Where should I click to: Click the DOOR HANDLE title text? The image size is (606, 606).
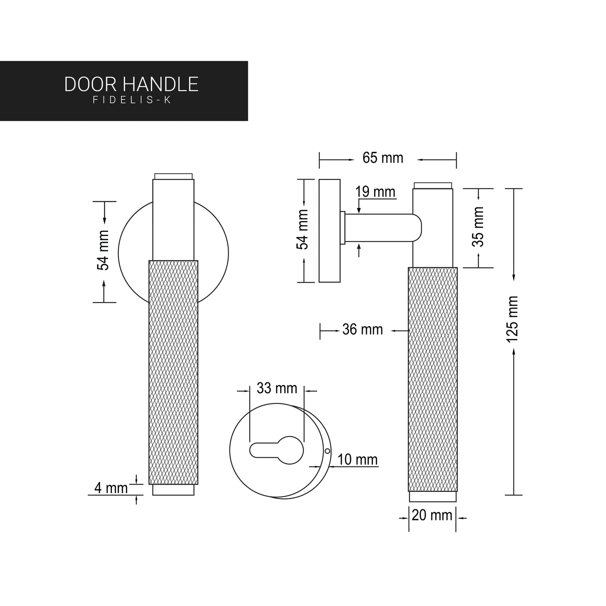pyautogui.click(x=131, y=84)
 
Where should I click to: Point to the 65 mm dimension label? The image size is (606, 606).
pyautogui.click(x=382, y=158)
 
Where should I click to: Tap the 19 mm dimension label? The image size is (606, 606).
pyautogui.click(x=375, y=192)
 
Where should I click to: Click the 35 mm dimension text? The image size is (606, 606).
pyautogui.click(x=479, y=226)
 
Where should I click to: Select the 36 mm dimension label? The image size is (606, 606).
pyautogui.click(x=362, y=330)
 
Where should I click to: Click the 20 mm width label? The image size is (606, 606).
pyautogui.click(x=432, y=515)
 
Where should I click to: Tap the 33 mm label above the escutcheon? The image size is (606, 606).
pyautogui.click(x=277, y=388)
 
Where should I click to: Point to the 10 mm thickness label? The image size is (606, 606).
pyautogui.click(x=357, y=460)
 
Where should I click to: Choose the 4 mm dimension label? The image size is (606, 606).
pyautogui.click(x=111, y=488)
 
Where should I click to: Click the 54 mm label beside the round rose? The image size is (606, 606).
pyautogui.click(x=103, y=250)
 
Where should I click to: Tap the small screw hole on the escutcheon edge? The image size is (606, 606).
pyautogui.click(x=327, y=451)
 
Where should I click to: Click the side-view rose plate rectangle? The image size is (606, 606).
pyautogui.click(x=329, y=231)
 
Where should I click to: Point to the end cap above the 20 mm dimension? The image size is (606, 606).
pyautogui.click(x=432, y=497)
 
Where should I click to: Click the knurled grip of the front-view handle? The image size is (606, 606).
pyautogui.click(x=173, y=371)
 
